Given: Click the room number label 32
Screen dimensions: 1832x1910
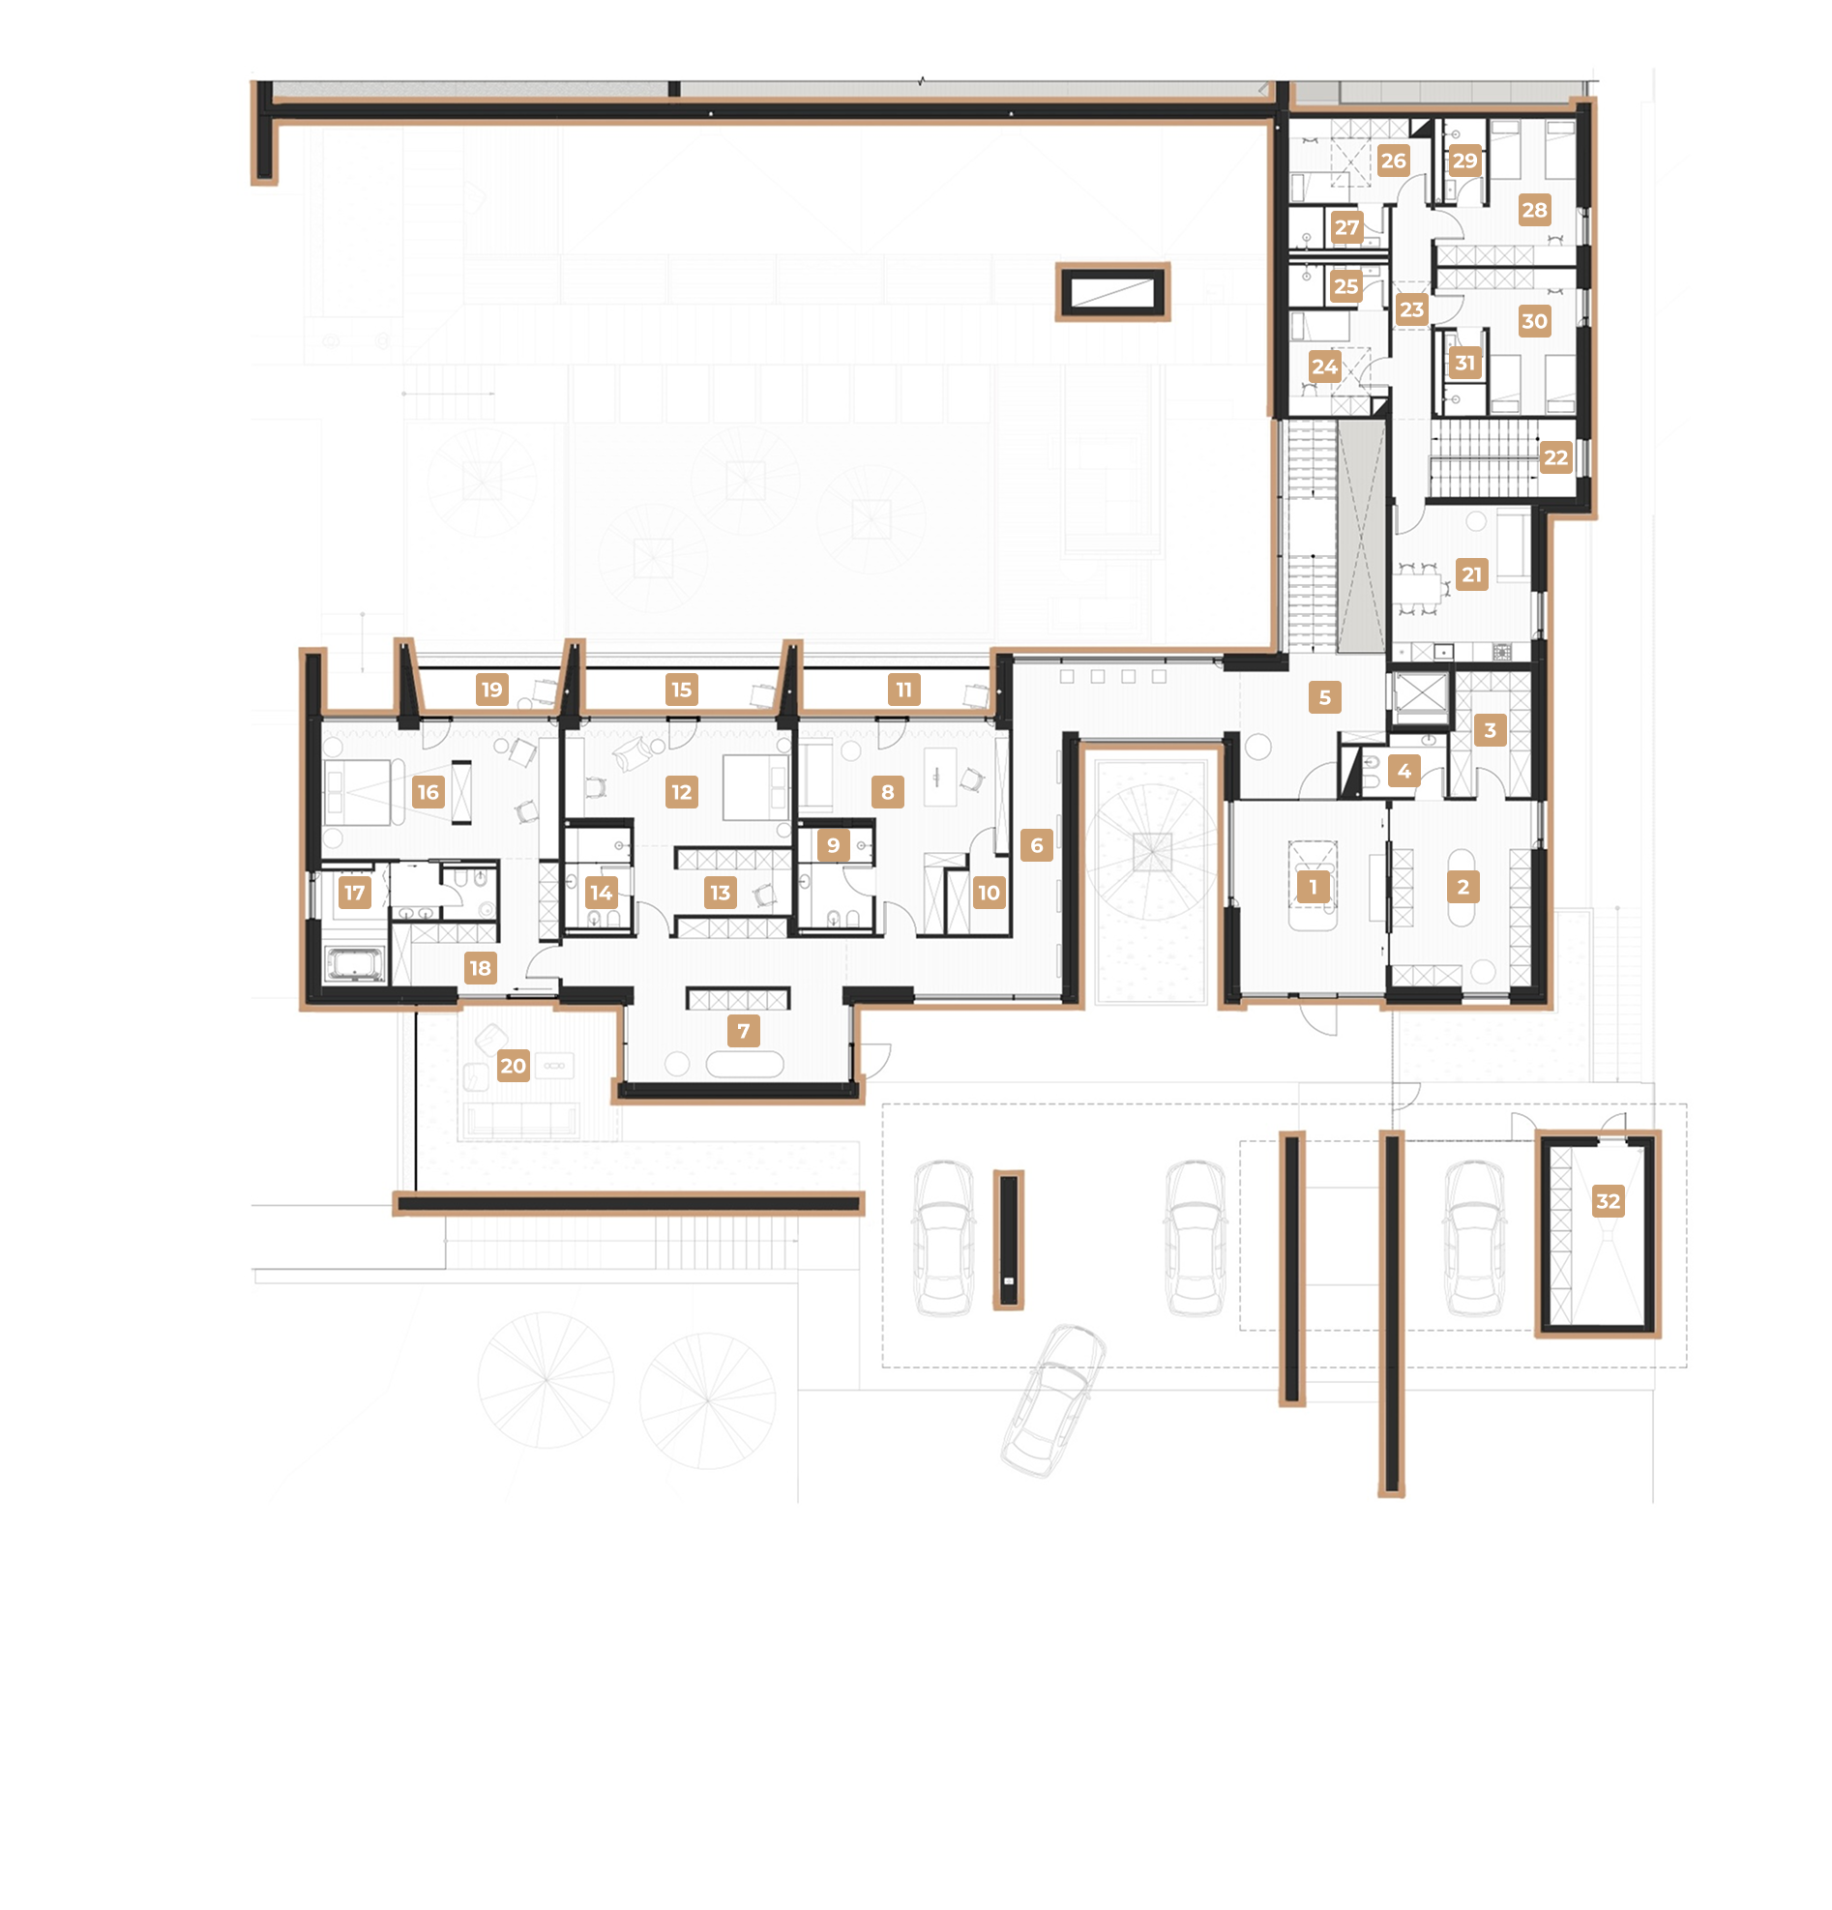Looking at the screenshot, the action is [1608, 1201].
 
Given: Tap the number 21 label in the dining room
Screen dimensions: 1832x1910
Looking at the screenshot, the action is [1471, 575].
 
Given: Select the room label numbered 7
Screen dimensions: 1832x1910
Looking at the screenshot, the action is [744, 1031].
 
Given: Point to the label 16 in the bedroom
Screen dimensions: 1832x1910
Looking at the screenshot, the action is [428, 792].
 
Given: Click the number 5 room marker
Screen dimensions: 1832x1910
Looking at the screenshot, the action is [1324, 697].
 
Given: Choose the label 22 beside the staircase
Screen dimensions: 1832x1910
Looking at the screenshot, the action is [1556, 458].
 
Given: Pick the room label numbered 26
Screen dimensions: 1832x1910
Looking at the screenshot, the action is [1394, 161].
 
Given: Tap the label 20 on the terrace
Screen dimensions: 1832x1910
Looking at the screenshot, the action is [514, 1066].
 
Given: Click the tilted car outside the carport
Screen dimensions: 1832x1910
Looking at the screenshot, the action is [1053, 1400].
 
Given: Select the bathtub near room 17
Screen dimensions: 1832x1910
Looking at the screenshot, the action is [355, 964].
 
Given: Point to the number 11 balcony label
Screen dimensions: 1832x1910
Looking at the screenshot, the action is [904, 690].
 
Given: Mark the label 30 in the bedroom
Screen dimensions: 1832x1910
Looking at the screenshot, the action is [1534, 321].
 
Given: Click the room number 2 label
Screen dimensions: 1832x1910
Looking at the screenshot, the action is [1463, 887].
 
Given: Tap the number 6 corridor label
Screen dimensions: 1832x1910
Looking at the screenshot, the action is [1037, 845].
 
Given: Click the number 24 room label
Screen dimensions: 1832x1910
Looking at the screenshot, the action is [1324, 367].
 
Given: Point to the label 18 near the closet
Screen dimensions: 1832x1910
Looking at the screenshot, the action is [481, 969].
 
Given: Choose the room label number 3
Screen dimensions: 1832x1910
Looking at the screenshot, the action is [1490, 730].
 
